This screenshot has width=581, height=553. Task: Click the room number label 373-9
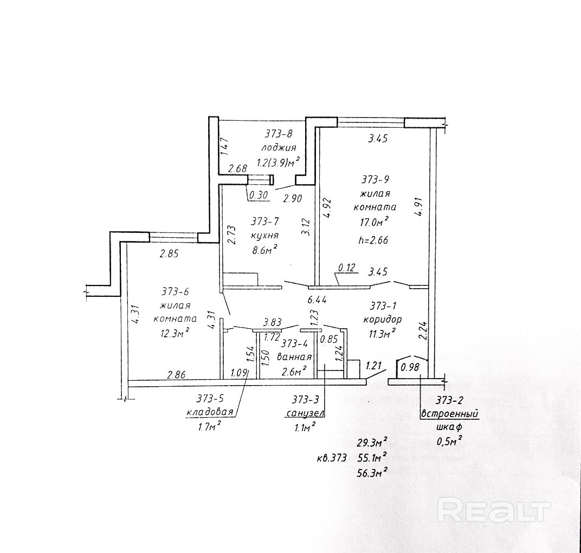[x=375, y=180]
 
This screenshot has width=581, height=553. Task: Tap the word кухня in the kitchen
[x=264, y=236]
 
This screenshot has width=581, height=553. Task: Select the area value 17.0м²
[x=375, y=222]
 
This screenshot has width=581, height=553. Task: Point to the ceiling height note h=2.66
[x=373, y=240]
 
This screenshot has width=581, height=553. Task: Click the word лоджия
[x=278, y=148]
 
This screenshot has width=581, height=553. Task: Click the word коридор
[x=383, y=320]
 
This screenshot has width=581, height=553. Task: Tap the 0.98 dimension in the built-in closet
[x=410, y=367]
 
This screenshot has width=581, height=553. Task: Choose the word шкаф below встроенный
[x=449, y=426]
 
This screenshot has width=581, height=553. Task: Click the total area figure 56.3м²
[x=372, y=472]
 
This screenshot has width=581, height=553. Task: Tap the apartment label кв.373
[x=332, y=458]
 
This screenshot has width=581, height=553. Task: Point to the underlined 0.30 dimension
[x=259, y=195]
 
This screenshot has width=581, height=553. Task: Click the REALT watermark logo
[x=493, y=511]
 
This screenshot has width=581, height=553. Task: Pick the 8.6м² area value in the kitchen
[x=264, y=250]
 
